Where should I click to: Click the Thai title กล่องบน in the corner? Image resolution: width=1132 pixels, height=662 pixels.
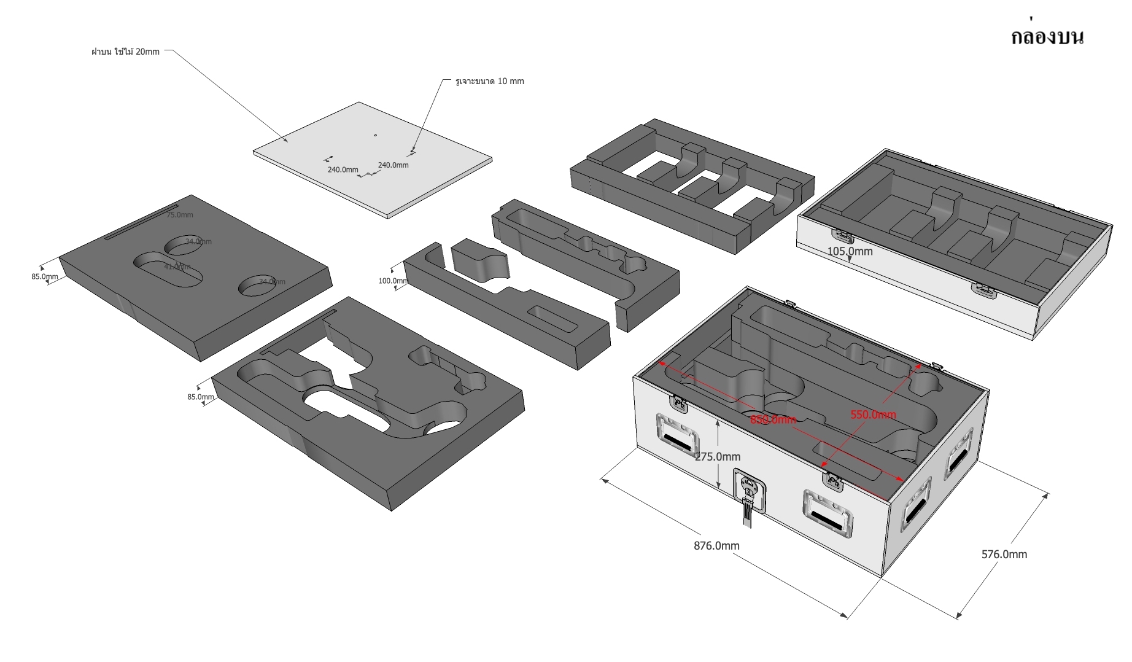click(x=1047, y=37)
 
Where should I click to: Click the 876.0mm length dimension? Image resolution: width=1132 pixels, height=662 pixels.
click(x=716, y=545)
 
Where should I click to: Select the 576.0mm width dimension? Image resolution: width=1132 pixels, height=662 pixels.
click(x=1004, y=554)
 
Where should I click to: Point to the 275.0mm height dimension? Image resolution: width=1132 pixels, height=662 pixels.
click(x=718, y=456)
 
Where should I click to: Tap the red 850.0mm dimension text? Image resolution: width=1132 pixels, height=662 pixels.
click(x=773, y=419)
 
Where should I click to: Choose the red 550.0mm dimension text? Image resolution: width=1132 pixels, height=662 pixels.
click(x=873, y=415)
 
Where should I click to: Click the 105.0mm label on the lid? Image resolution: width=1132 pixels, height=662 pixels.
click(x=850, y=251)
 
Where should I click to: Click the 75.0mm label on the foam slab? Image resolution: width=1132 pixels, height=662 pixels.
click(x=179, y=215)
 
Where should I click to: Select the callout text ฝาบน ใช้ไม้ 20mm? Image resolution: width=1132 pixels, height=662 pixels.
click(x=125, y=52)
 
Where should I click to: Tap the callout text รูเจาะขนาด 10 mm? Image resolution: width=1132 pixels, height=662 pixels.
click(x=489, y=81)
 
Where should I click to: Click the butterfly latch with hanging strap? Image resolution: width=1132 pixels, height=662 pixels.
click(x=750, y=491)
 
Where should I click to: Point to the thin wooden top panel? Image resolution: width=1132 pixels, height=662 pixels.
click(x=373, y=158)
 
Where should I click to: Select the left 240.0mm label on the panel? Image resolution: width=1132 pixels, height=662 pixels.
click(x=343, y=169)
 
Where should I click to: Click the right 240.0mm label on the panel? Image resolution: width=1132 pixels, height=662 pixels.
click(x=393, y=165)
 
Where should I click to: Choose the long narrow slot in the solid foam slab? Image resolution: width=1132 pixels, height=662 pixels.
click(x=141, y=222)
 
